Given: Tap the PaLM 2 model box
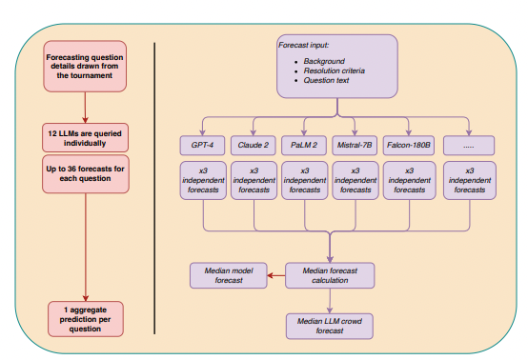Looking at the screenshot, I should click(x=305, y=146).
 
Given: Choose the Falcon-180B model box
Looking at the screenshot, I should click(x=408, y=146).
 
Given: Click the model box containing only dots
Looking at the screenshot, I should click(x=469, y=146).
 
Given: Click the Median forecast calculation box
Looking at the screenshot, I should click(x=331, y=275).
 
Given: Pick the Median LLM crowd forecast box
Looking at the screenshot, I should click(x=331, y=327).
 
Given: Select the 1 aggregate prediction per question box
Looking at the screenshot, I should click(x=85, y=317).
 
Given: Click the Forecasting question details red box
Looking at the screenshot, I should click(x=85, y=67).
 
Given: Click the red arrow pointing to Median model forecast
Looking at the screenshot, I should click(x=274, y=276).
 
